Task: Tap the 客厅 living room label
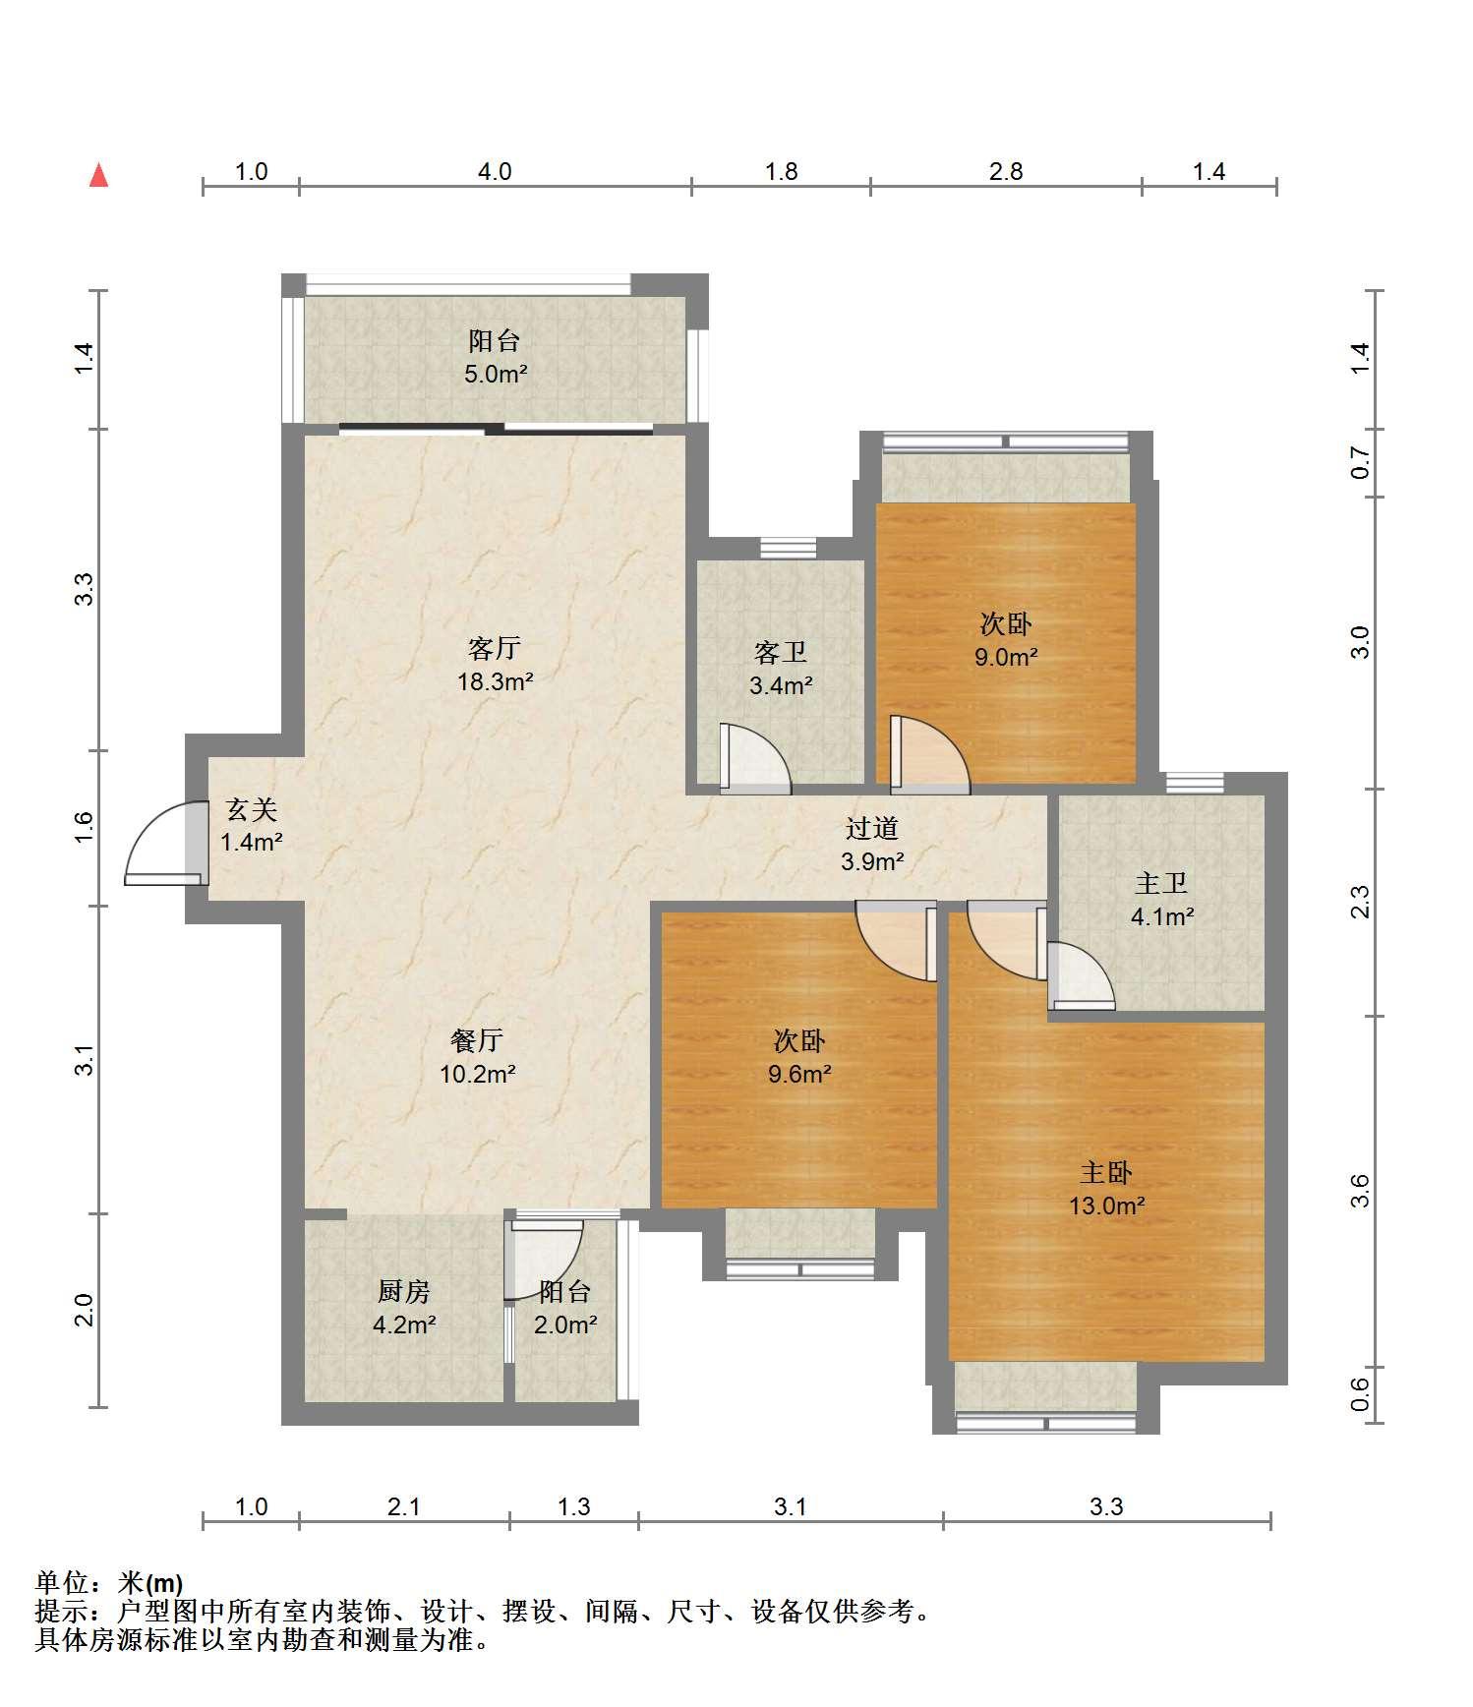494,648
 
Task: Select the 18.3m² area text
495,680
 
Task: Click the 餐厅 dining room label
477,1039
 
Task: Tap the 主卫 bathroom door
1081,975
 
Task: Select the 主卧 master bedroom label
1106,1172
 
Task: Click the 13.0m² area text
1107,1206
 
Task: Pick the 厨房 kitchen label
404,1291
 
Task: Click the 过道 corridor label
872,829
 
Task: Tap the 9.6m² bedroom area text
799,1074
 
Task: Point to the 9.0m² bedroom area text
1006,657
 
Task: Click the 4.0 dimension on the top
495,172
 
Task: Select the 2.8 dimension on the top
1006,172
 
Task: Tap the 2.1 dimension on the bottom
404,1506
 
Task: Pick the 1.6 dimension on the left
85,827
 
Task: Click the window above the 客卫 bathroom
789,548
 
